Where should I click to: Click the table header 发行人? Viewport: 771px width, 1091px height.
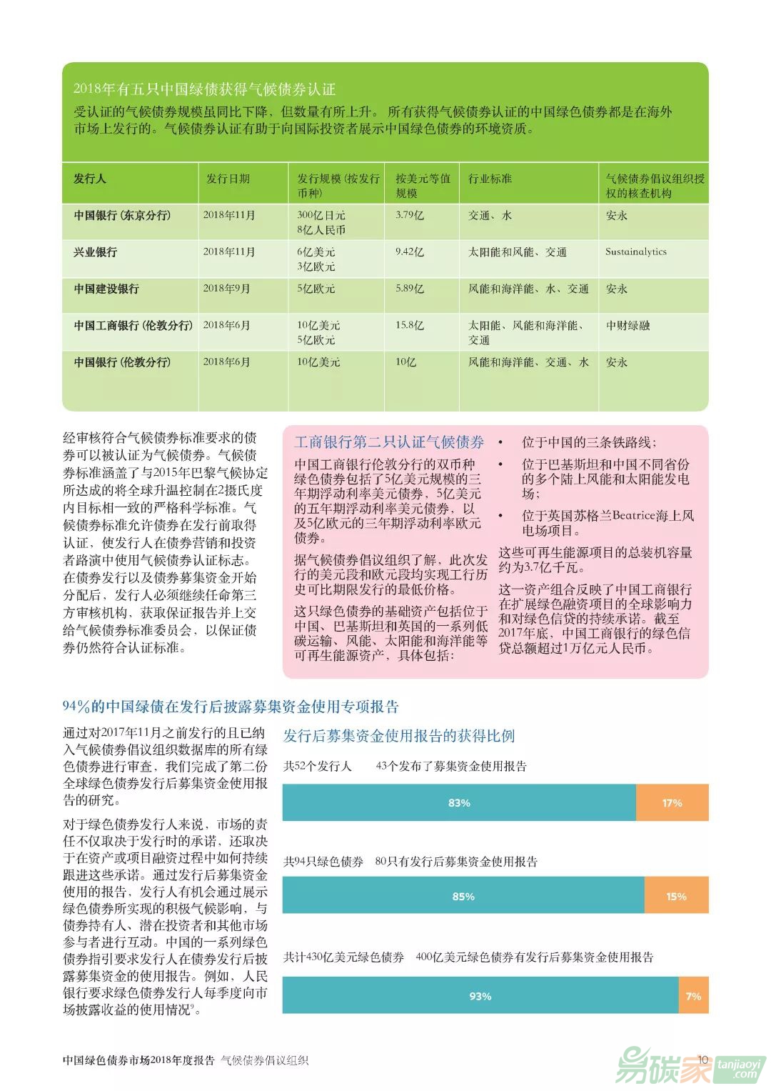click(x=90, y=179)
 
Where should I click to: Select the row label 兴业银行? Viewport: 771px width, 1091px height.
click(x=96, y=252)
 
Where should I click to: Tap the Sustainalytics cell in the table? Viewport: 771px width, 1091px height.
click(x=635, y=251)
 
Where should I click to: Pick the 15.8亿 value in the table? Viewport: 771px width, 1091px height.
click(x=410, y=325)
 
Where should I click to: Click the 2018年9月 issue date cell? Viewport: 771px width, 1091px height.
click(x=226, y=289)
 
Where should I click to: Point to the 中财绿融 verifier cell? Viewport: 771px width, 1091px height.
click(x=628, y=325)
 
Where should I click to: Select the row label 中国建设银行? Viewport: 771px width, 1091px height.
click(x=106, y=289)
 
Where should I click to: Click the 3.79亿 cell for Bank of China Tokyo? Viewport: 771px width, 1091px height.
click(x=410, y=215)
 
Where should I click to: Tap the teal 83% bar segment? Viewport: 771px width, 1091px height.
click(x=459, y=802)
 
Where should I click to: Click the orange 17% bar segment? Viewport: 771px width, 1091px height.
click(x=672, y=802)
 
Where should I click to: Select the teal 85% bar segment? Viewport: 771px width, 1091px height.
click(x=463, y=896)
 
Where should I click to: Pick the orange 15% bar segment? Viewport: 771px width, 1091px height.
click(x=676, y=896)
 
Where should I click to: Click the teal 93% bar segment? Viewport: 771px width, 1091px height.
click(x=480, y=995)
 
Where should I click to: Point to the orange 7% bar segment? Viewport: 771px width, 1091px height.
click(x=693, y=995)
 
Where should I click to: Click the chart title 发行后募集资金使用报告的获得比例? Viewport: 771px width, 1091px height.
click(x=399, y=736)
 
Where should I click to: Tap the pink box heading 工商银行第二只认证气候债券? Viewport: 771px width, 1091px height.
click(x=389, y=442)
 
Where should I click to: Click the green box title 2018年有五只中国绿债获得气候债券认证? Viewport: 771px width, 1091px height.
click(x=204, y=89)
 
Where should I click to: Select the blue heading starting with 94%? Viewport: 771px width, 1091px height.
click(x=231, y=707)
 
